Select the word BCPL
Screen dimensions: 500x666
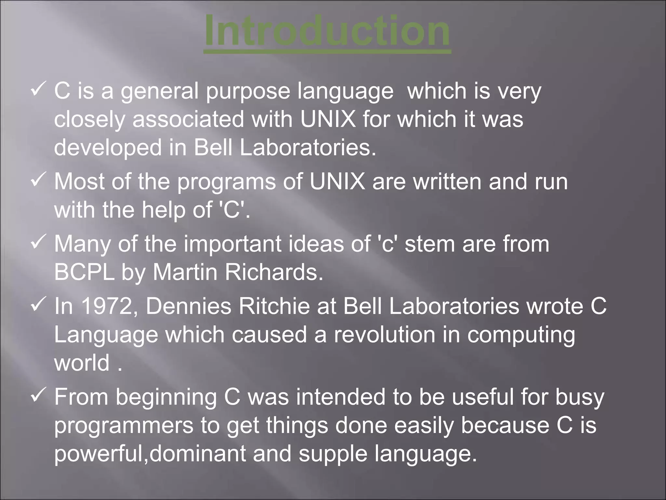click(84, 272)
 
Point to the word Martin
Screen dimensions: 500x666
click(185, 272)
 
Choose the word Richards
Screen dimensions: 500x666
click(274, 272)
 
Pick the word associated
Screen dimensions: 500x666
click(188, 119)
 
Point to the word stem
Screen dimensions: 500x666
click(430, 244)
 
